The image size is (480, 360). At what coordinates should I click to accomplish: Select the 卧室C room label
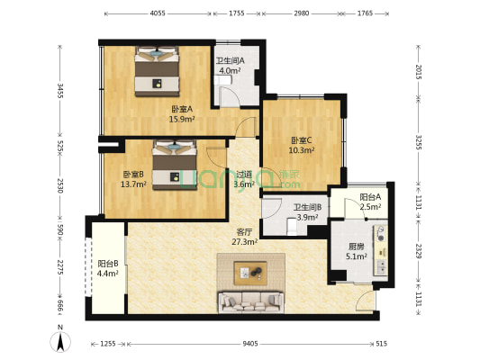click(302, 145)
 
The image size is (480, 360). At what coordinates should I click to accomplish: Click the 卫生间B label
click(307, 212)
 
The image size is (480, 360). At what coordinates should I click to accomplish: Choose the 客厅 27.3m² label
click(245, 237)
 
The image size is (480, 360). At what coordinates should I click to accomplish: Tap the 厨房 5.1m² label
click(358, 251)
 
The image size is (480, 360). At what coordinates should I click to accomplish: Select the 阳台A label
click(370, 202)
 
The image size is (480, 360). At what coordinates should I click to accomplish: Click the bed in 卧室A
click(158, 71)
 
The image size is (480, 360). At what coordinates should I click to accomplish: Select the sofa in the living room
click(250, 301)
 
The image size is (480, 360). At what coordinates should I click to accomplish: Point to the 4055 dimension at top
click(157, 14)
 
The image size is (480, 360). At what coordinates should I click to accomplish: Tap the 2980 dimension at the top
click(301, 14)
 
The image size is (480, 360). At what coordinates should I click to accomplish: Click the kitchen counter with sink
click(384, 248)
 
